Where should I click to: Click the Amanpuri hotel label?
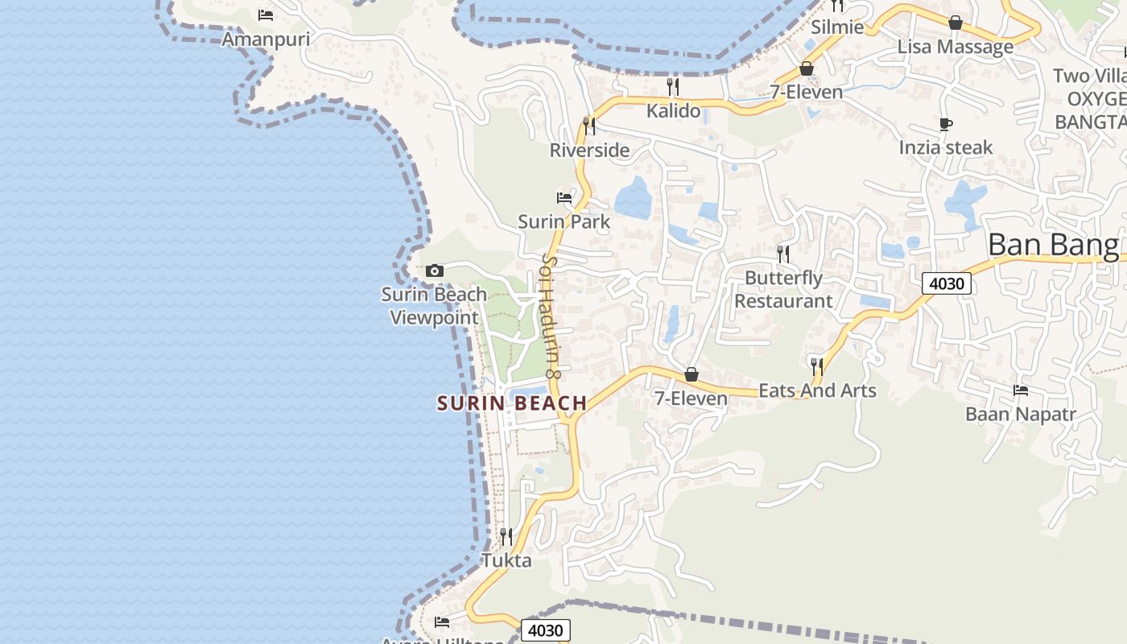[x=266, y=39]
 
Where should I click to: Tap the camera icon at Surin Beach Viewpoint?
[x=435, y=270]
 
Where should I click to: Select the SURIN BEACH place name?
[x=512, y=403]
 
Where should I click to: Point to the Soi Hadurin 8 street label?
[x=551, y=316]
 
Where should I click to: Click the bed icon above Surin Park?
[x=564, y=197]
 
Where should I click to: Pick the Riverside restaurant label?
[x=589, y=150]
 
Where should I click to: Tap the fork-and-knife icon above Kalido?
[x=673, y=85]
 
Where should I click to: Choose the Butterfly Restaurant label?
[x=783, y=290]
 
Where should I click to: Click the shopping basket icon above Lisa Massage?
[x=956, y=23]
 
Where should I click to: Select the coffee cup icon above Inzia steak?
[x=946, y=124]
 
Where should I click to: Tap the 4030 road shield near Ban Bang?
[x=946, y=283]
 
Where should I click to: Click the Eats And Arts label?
[x=817, y=390]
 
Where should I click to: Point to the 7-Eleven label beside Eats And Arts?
[x=691, y=398]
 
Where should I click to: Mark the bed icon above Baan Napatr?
[x=1021, y=390]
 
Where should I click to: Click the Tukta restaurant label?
[x=506, y=560]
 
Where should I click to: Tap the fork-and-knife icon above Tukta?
[x=506, y=535]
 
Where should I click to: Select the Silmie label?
[x=837, y=27]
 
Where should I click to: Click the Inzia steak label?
[x=946, y=147]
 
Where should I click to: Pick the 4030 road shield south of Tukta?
[x=545, y=630]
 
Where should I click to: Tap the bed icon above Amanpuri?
[x=266, y=15]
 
